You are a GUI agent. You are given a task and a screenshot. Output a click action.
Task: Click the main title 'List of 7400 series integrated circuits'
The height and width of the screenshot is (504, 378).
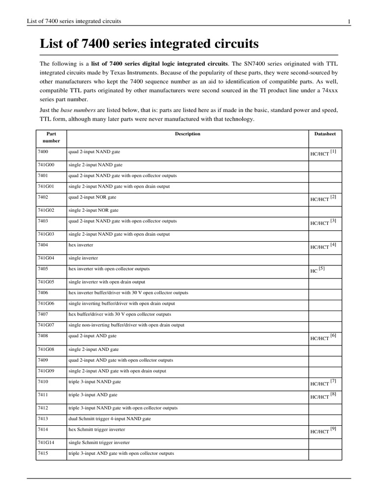149,44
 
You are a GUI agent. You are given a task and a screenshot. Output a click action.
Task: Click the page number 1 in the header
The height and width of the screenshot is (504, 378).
348,21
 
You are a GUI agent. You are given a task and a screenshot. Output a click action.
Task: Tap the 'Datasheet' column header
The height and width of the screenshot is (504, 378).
325,134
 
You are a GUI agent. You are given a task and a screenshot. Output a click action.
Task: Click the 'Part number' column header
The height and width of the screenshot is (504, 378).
51,137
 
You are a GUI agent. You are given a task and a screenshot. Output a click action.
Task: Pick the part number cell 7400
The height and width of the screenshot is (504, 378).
43,152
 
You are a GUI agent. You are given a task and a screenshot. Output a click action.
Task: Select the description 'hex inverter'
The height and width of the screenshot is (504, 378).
81,244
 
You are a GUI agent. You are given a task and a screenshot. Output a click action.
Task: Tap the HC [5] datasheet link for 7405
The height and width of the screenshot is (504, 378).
318,270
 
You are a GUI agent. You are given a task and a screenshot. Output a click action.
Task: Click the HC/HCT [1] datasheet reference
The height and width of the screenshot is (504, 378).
323,154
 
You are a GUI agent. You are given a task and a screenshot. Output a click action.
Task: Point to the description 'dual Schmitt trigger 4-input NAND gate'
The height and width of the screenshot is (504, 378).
110,418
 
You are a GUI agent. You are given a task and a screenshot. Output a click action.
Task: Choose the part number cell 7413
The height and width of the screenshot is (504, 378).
43,418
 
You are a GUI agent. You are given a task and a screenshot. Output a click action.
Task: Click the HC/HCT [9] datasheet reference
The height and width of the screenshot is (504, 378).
323,431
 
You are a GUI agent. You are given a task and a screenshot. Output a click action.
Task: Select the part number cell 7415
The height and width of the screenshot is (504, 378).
43,453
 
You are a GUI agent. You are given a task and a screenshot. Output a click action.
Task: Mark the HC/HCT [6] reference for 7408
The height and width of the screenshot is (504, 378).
323,337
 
